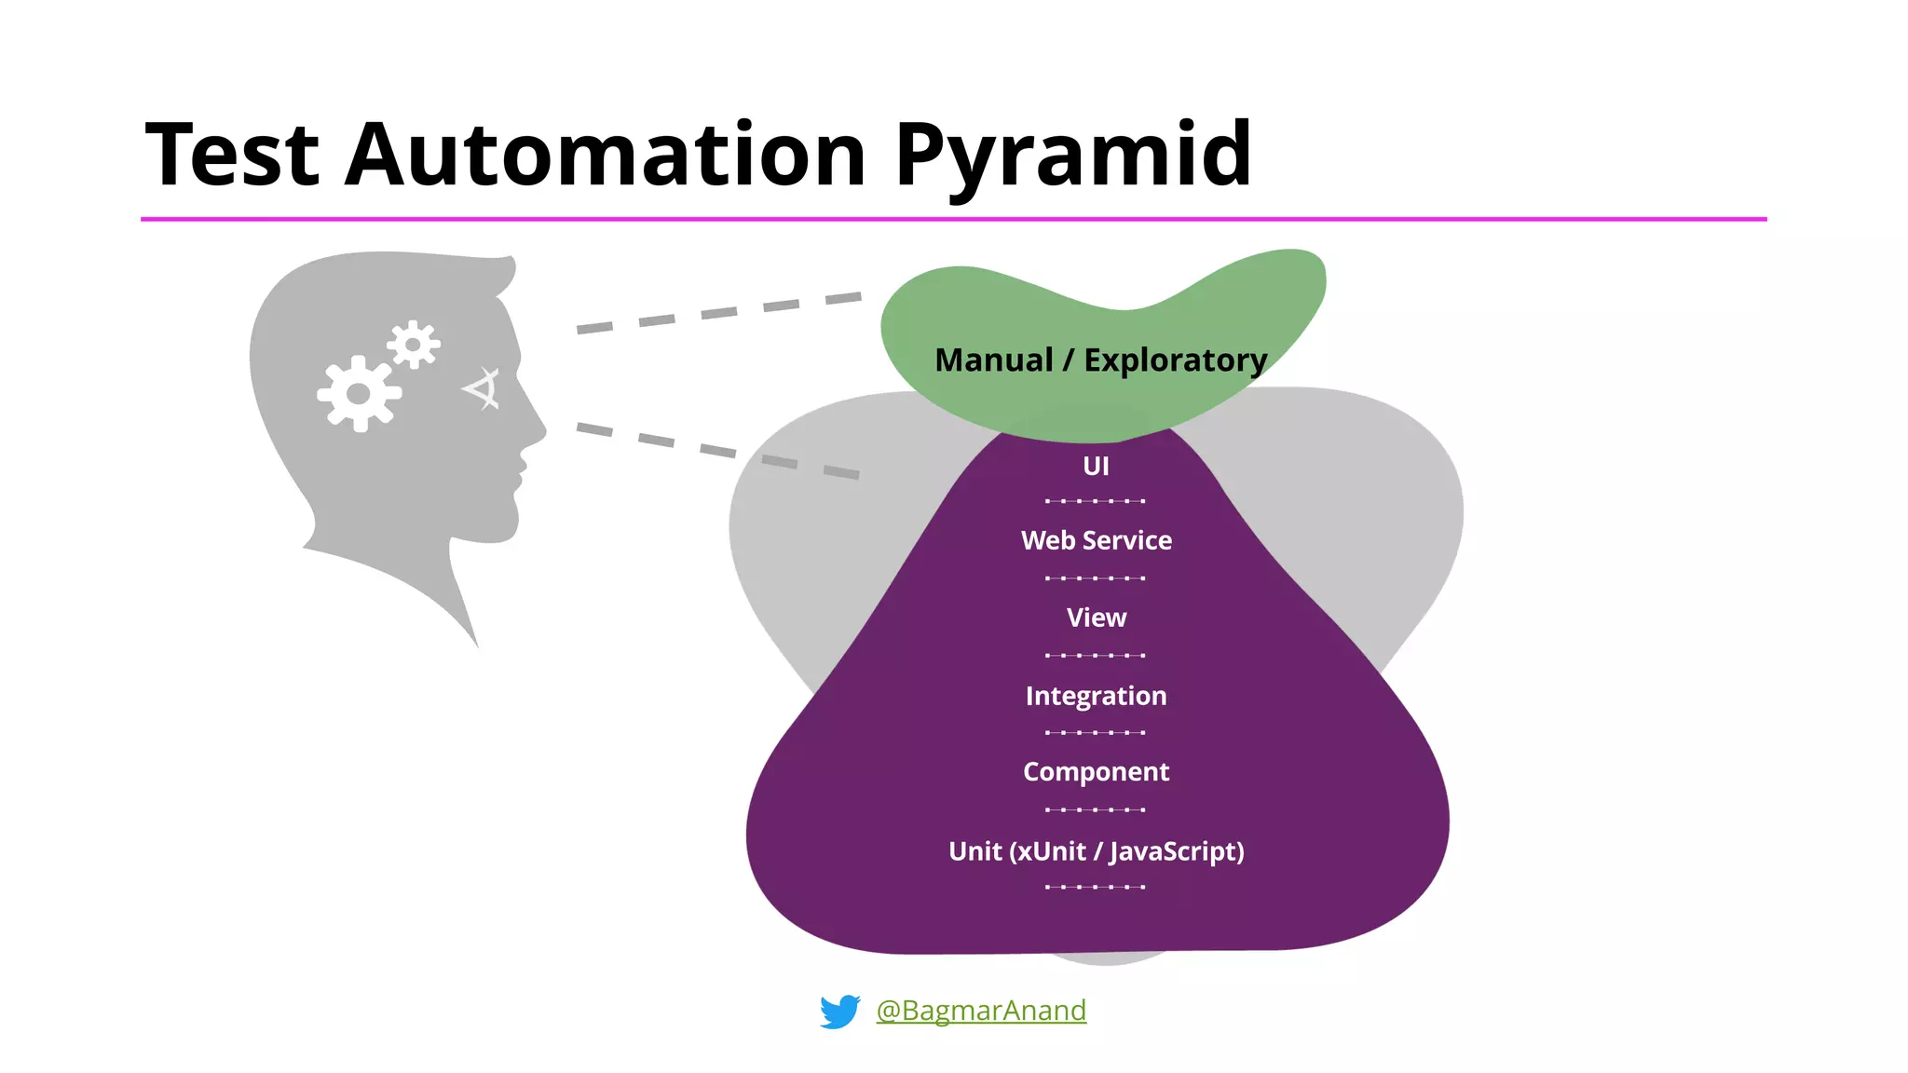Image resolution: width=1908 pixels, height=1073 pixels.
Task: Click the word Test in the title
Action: [233, 155]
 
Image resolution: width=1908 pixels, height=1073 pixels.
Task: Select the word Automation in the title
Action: [606, 155]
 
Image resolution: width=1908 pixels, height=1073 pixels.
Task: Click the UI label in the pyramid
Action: [1096, 466]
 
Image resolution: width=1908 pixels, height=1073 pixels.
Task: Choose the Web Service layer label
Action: [1096, 540]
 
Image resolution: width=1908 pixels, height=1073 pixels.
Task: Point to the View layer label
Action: [1096, 618]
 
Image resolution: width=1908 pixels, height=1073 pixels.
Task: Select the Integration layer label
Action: [1096, 696]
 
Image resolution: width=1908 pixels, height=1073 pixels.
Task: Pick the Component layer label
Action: [1096, 772]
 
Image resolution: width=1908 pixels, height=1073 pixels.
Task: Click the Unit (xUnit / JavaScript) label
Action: [1096, 851]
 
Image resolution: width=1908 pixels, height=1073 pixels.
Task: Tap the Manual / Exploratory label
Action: [1100, 360]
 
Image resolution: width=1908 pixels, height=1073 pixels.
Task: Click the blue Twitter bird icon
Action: [839, 1012]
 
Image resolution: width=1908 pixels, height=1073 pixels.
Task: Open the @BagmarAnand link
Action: [981, 1011]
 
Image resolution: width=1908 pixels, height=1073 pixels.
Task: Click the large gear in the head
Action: [359, 394]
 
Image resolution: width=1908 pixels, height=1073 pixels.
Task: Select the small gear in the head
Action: [414, 345]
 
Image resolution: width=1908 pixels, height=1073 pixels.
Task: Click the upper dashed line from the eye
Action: [718, 313]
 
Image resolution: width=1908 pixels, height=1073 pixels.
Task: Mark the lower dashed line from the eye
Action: [717, 451]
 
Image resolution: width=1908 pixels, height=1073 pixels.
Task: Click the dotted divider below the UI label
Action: [1095, 501]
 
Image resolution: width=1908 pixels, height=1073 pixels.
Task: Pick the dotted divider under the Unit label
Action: [1095, 887]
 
